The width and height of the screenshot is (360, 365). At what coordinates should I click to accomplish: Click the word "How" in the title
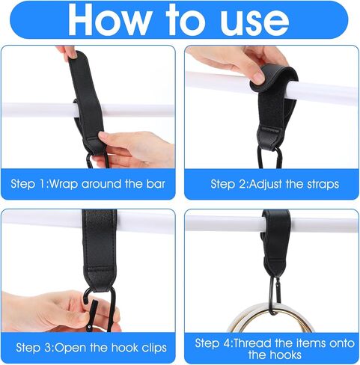point(109,19)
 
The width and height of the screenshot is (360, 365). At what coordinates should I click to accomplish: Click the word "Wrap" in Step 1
point(63,184)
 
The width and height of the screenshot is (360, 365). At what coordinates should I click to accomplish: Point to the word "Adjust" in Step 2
point(266,185)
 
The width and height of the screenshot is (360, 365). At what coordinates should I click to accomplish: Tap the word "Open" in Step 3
point(70,348)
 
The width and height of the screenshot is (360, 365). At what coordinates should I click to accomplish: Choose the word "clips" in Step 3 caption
point(154,348)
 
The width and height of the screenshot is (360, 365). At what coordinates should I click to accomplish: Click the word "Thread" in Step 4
point(252,343)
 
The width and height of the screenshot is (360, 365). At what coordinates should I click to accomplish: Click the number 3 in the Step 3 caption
point(47,348)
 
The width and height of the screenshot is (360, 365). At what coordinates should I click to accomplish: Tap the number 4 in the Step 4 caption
point(227,343)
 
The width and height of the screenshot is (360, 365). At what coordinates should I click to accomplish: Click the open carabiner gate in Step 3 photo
point(93,315)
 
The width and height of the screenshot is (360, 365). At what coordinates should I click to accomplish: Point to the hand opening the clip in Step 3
point(58,312)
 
